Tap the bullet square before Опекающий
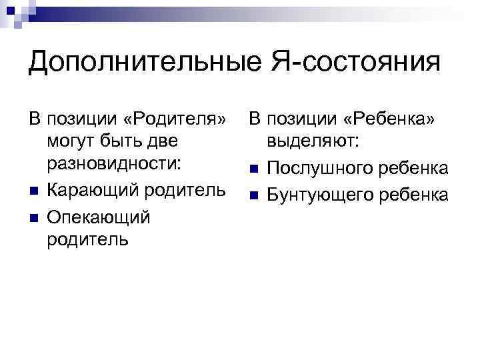point(33,217)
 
